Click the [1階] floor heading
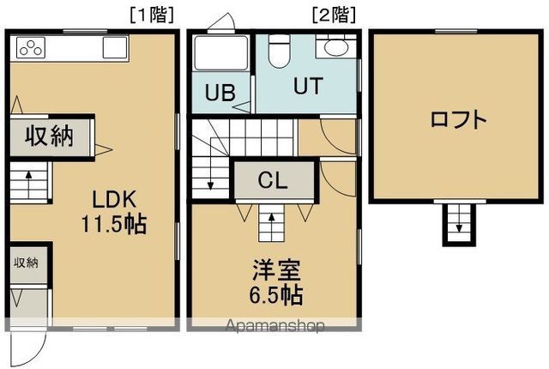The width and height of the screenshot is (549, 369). click(154, 14)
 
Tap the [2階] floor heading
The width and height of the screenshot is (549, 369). click(335, 14)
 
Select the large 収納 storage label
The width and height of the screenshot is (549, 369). click(47, 136)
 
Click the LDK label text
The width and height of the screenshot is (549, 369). click(114, 200)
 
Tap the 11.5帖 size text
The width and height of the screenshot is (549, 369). click(114, 225)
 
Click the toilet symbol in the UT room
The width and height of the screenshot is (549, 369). click(277, 51)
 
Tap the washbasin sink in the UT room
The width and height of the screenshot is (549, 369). click(331, 48)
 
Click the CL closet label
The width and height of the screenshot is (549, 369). click(274, 181)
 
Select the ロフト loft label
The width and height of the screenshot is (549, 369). click(459, 118)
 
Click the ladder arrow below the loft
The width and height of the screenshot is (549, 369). click(459, 225)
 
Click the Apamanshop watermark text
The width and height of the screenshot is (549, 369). click(274, 326)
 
